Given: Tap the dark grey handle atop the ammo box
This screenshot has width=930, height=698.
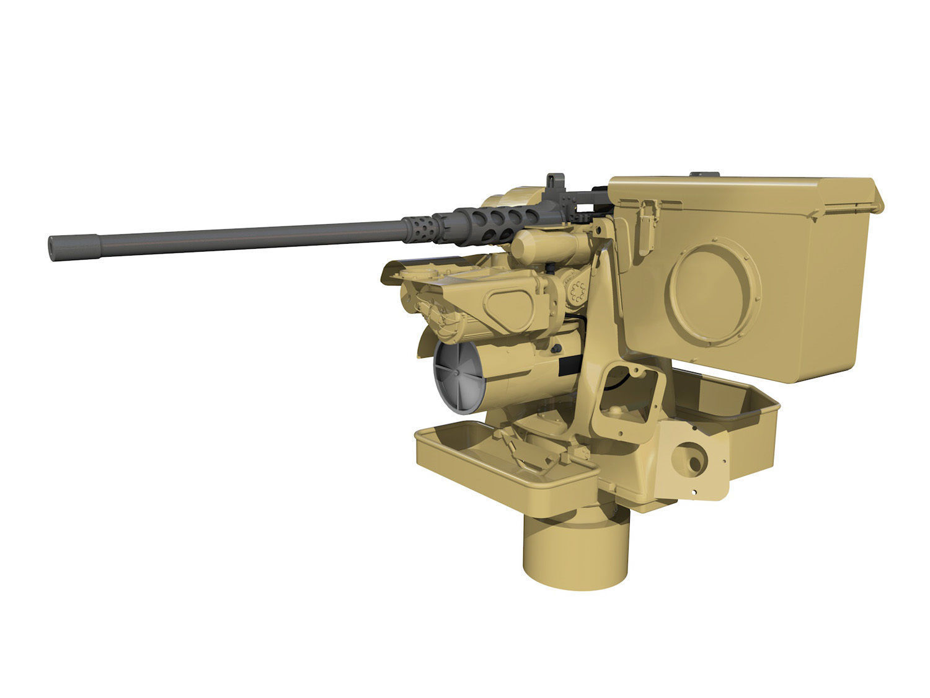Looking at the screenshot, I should (x=705, y=174).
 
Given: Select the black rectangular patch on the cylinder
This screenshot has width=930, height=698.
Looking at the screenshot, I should (x=569, y=367).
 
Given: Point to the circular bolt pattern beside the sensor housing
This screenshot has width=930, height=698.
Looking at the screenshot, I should (x=578, y=292).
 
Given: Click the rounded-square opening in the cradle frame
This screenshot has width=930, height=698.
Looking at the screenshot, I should (x=627, y=395).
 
